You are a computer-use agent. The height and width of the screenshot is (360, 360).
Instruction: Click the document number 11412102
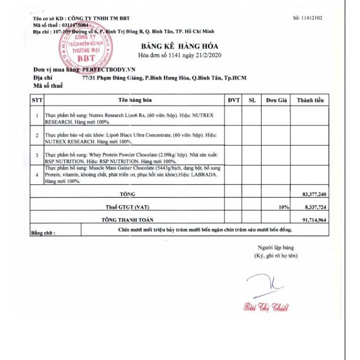point(308,18)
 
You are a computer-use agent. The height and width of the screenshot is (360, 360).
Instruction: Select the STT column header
point(37,100)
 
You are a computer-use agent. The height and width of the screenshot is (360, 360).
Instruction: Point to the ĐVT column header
point(234,100)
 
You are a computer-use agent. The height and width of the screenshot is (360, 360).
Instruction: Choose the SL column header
point(252,100)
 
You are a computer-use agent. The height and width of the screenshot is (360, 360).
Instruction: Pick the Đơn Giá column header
point(277,100)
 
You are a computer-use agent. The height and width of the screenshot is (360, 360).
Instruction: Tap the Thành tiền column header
point(310,100)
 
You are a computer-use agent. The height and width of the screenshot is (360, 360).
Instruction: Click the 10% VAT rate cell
point(283,207)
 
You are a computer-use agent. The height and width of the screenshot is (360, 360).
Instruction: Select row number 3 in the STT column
point(37,155)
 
